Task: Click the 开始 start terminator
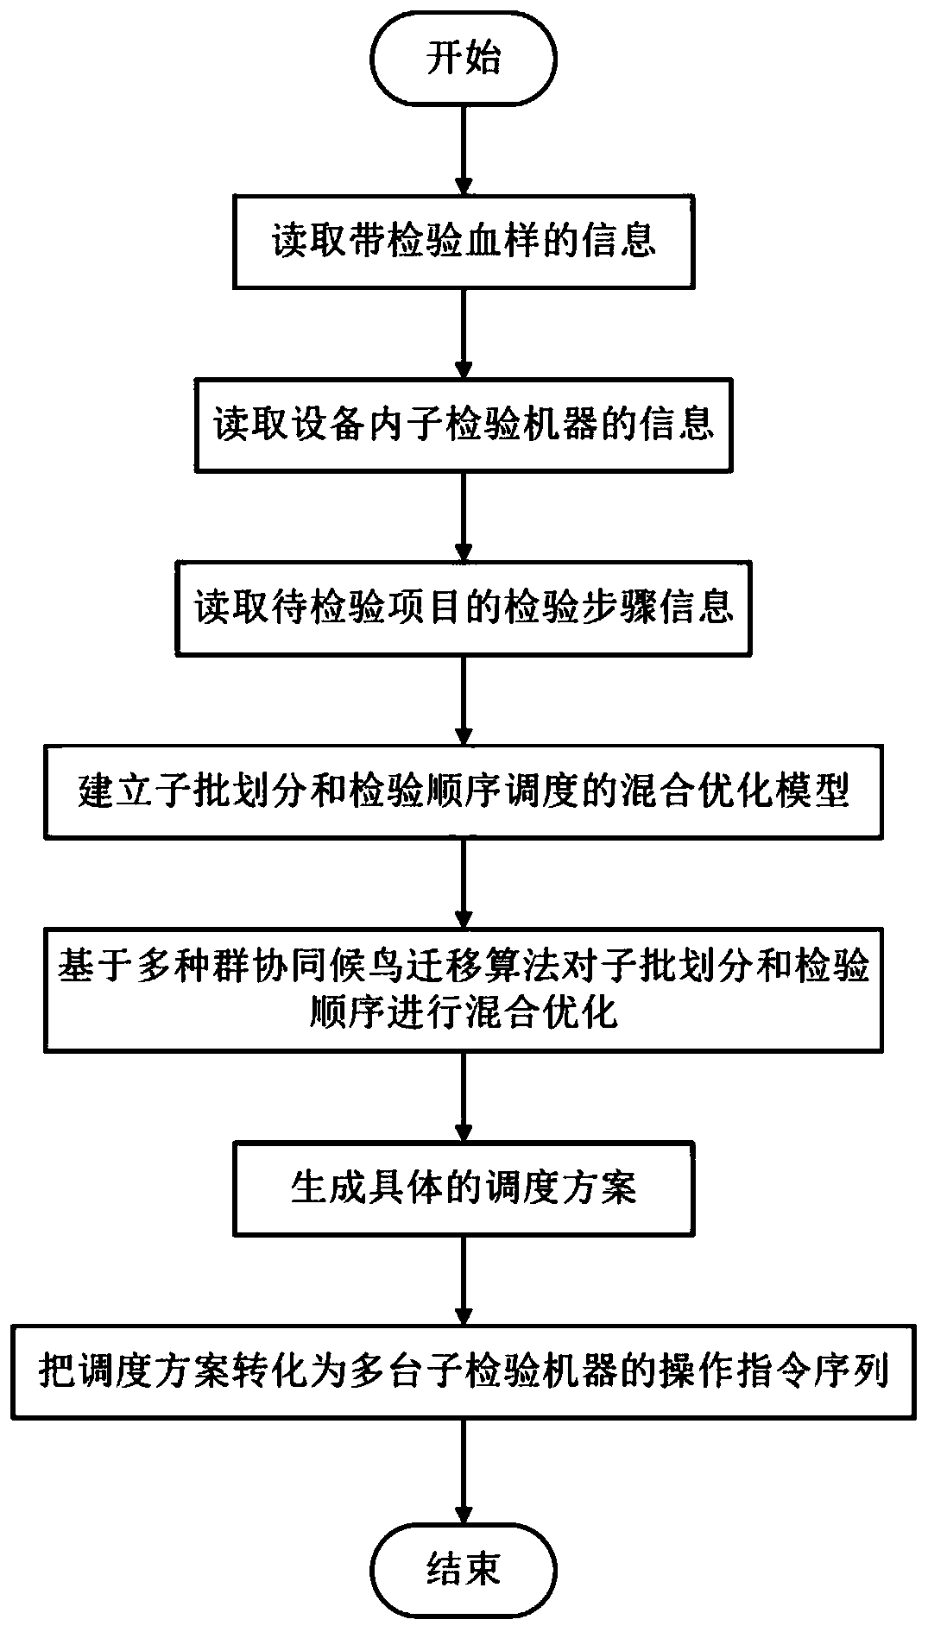pos(464,59)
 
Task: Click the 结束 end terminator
pos(464,1568)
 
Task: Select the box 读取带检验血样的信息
pos(464,242)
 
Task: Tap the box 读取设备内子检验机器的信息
pos(464,424)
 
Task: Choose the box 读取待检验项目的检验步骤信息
pos(464,608)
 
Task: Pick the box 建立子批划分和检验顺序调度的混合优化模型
pos(464,791)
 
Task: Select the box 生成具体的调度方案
pos(464,1188)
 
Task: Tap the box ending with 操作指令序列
pos(464,1371)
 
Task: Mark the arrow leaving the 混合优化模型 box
pos(464,881)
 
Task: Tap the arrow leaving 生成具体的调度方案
pos(464,1280)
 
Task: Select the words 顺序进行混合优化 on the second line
pos(464,1011)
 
